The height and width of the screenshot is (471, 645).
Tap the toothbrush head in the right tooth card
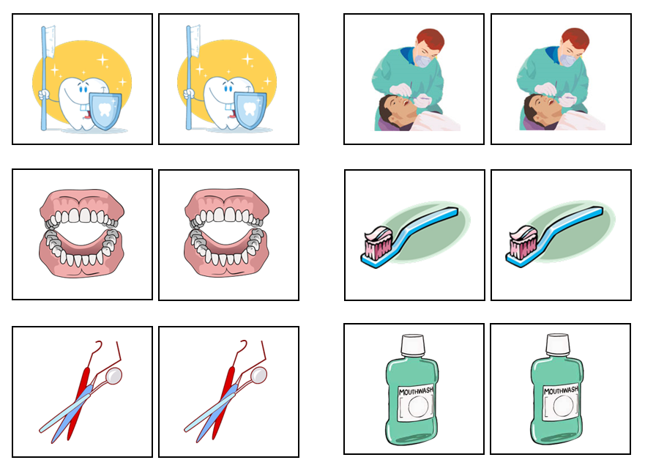[x=193, y=41]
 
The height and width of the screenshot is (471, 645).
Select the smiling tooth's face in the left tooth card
[x=75, y=94]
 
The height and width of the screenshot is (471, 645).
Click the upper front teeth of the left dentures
[x=82, y=215]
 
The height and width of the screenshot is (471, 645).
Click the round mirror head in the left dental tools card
[x=113, y=375]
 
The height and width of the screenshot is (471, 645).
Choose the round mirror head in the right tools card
[x=258, y=375]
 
